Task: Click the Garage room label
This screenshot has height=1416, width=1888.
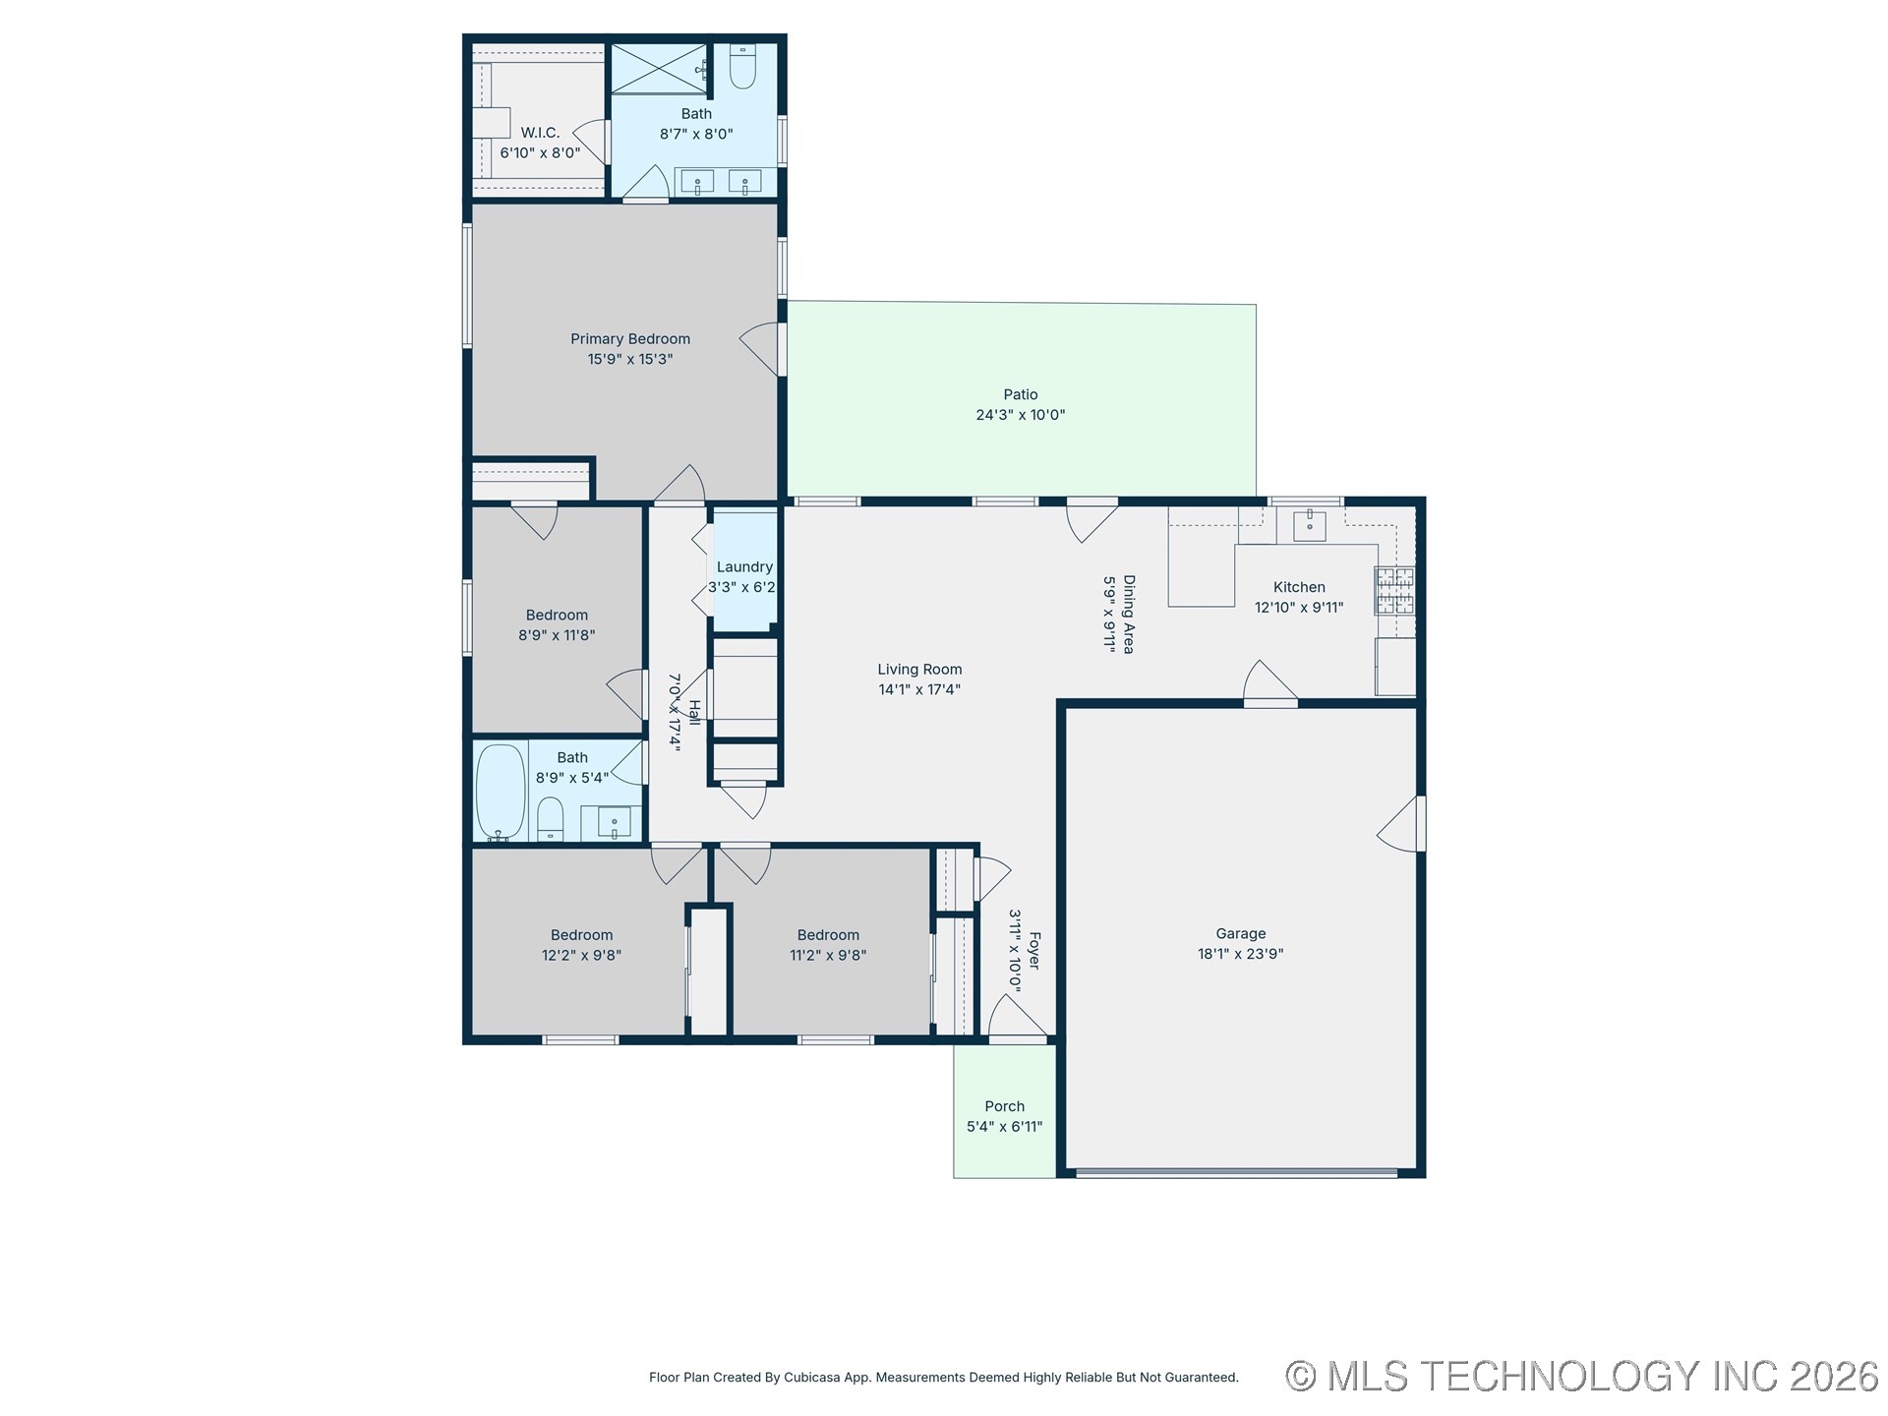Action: coord(1241,933)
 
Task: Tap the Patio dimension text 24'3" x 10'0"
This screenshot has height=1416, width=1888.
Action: coord(1021,415)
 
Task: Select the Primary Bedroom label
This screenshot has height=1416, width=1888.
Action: coord(630,339)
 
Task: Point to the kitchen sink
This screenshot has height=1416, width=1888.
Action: coord(1309,526)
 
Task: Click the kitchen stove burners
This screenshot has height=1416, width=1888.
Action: coord(1394,590)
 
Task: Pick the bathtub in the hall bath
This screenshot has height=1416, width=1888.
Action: coord(501,792)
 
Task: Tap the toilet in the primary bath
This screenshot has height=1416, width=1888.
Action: coord(742,66)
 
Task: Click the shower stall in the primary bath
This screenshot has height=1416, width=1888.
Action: coord(659,69)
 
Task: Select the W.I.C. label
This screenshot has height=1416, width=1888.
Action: coord(540,133)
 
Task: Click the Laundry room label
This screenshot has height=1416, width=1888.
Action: coord(744,566)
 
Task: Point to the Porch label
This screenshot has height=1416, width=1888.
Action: coord(1005,1106)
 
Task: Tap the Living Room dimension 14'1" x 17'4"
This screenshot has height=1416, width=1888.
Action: coord(919,689)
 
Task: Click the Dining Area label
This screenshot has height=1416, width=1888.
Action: coord(1129,615)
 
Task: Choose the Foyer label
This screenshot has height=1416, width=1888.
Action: coord(1033,950)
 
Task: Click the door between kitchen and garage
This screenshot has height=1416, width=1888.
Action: coord(1270,683)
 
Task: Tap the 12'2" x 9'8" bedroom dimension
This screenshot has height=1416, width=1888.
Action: coord(582,955)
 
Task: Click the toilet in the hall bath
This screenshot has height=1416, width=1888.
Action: coord(551,819)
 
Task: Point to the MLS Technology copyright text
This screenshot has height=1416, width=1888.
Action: coord(1582,1376)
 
